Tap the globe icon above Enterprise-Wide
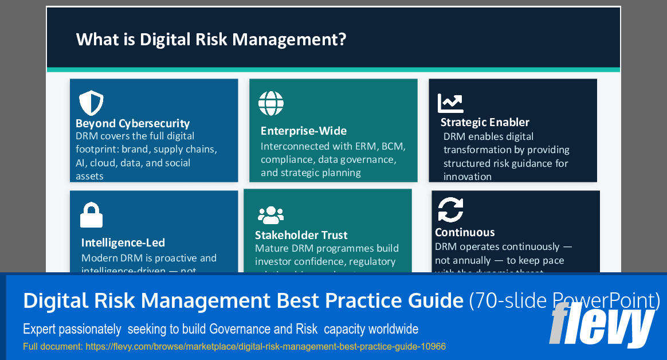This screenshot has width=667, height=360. coord(270,104)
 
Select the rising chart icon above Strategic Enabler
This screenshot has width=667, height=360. coord(450,103)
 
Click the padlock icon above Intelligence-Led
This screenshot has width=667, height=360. coord(92,216)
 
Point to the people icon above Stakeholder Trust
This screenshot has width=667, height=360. coord(270,215)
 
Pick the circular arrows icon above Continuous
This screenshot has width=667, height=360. coord(450,209)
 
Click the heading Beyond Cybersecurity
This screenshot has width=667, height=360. coord(132,123)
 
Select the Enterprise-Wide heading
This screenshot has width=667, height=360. coord(303,131)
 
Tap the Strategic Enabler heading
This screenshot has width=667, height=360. coord(485,122)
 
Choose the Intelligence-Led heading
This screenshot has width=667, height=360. coord(123,242)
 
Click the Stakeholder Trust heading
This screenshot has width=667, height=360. coord(301,235)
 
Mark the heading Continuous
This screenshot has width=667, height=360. coord(465,232)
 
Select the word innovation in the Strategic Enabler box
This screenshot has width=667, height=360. coord(467,177)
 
